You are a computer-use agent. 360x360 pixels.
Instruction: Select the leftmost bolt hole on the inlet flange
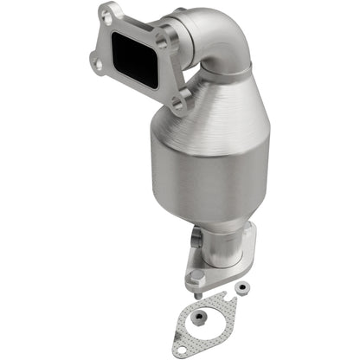[95, 59]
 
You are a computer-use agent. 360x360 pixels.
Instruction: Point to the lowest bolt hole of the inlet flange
[178, 104]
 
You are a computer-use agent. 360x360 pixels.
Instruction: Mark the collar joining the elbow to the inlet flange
[177, 52]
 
